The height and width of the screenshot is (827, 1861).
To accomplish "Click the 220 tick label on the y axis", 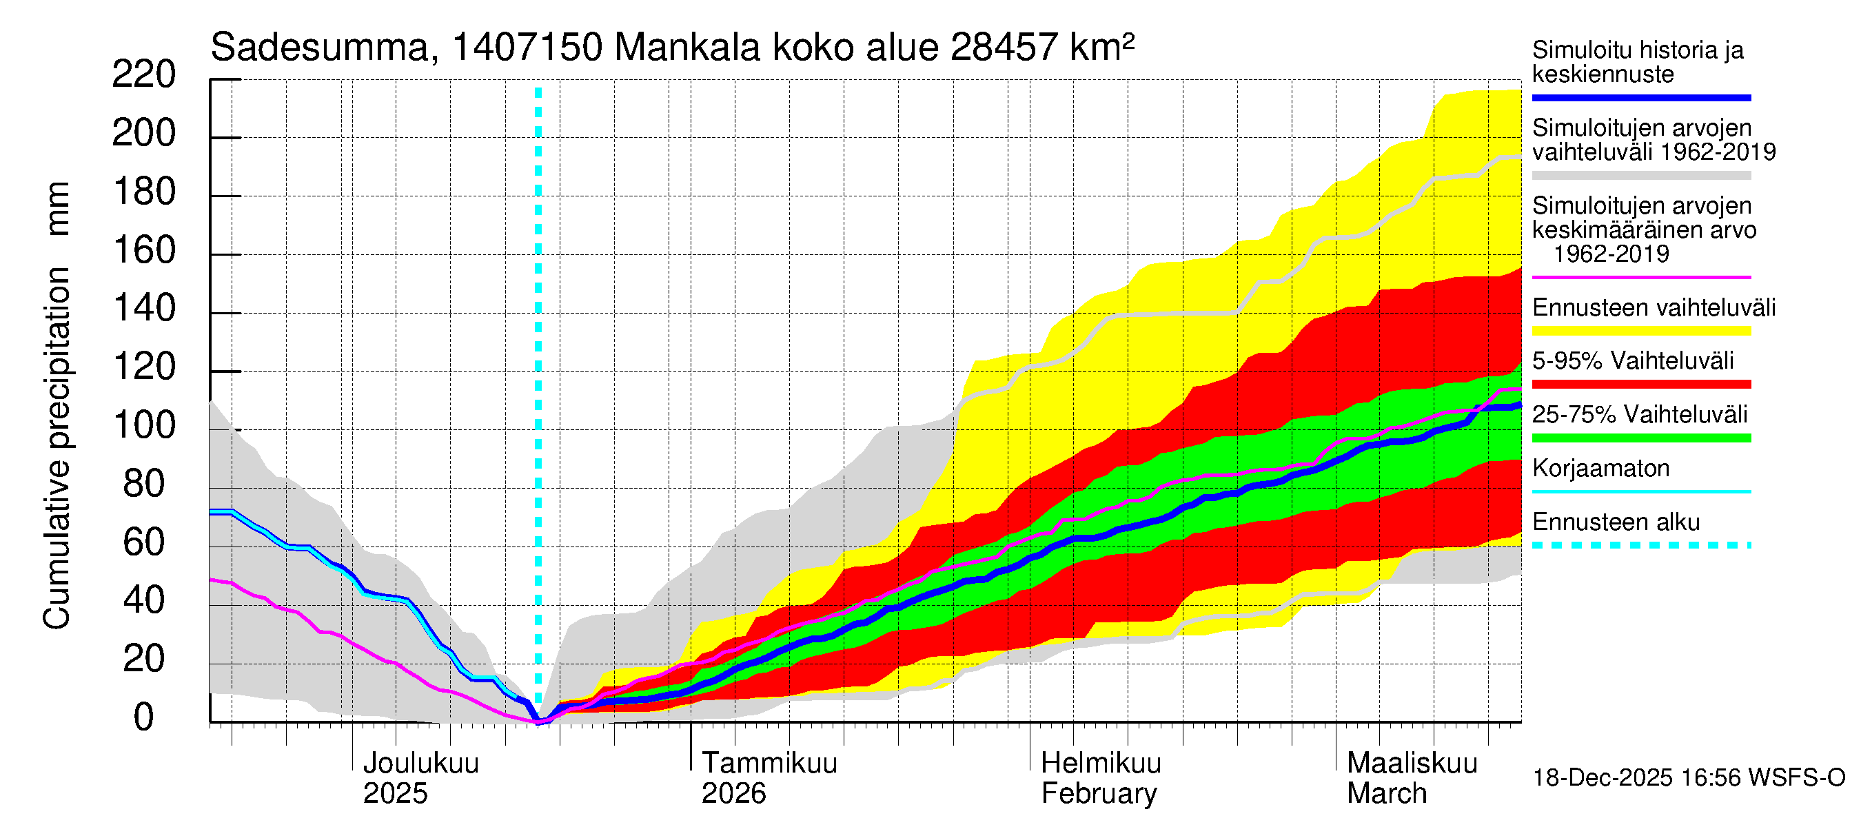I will click(144, 75).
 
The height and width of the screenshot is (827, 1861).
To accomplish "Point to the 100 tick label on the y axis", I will click(144, 425).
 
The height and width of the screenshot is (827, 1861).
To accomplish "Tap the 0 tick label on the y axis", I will click(144, 717).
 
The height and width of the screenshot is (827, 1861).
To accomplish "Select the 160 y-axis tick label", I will click(144, 251).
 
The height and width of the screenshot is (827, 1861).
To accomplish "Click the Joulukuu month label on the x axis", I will click(420, 764).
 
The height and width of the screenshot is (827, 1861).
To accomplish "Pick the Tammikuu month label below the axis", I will click(769, 764).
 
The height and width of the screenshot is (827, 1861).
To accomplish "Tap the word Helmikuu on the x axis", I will click(1101, 764).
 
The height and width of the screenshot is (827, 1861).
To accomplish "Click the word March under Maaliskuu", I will click(1386, 794).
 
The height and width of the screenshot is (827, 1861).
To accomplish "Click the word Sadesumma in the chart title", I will click(319, 48).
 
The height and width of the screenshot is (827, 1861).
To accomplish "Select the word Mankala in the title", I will click(687, 48).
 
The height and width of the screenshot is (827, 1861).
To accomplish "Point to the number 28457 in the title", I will click(1005, 48).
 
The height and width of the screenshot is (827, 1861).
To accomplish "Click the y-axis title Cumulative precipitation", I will click(57, 448).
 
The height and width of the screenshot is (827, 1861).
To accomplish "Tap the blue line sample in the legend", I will click(1640, 97).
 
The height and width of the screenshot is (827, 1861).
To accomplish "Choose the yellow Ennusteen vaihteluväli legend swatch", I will click(1640, 331).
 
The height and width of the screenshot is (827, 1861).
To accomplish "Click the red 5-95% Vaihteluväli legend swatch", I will click(1640, 385).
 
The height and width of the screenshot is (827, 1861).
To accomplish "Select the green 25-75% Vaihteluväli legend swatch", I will click(1640, 438).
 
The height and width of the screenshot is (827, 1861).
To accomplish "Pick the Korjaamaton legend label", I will click(1600, 469).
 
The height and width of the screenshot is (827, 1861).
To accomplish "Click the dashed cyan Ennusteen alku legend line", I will click(1640, 545).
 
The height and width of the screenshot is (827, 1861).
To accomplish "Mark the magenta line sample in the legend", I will click(1640, 277).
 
